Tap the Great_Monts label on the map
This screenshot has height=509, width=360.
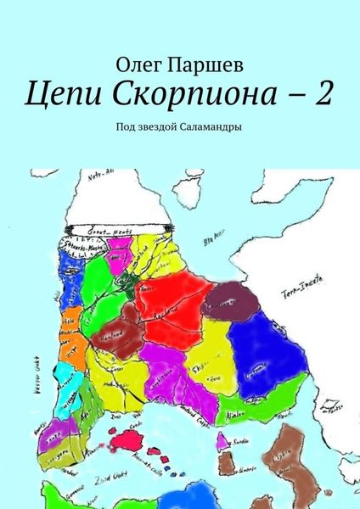(120, 227)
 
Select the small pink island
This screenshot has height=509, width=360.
(222, 443)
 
